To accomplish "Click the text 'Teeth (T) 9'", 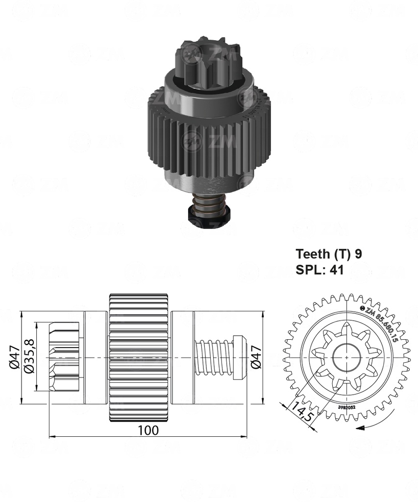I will click(x=328, y=254).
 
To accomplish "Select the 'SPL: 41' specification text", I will click(x=320, y=269).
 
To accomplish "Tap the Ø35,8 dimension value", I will click(x=30, y=363).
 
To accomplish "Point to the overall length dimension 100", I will click(x=148, y=430).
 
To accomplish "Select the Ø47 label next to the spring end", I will click(x=255, y=357).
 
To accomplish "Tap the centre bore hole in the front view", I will click(x=347, y=357).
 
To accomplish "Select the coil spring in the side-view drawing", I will click(x=214, y=357).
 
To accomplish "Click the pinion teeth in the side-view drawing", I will click(x=64, y=357).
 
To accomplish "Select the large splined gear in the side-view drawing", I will click(x=138, y=357).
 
